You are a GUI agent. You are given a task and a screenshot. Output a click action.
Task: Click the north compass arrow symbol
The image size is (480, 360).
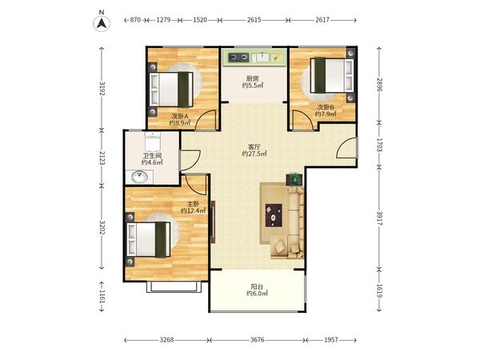tap(102, 22)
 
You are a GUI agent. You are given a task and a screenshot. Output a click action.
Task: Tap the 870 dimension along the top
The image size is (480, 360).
tap(135, 20)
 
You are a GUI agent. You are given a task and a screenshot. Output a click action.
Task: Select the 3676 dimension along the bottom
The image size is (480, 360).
tap(257, 340)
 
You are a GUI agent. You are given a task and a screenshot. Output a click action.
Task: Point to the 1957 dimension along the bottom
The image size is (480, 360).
tap(331, 340)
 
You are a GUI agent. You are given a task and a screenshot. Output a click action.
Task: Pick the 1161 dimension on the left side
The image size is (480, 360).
tap(102, 297)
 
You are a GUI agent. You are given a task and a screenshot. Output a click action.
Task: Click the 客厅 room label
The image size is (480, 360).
tap(254, 147)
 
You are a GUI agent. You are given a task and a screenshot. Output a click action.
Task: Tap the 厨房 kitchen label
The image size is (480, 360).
tap(253, 78)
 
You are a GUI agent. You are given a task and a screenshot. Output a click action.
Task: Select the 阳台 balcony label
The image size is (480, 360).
tap(257, 287)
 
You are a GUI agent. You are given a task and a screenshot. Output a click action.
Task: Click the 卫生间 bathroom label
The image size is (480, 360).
tap(152, 156)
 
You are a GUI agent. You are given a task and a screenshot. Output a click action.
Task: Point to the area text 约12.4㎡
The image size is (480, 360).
tap(193, 210)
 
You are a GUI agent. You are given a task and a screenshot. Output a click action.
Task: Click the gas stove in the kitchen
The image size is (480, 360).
tap(238, 57)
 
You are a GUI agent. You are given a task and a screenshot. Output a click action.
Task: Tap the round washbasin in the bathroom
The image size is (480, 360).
tap(139, 177)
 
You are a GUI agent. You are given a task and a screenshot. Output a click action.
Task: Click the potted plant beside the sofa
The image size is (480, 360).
tap(294, 179)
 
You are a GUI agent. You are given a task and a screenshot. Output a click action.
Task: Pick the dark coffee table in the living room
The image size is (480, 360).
tap(274, 215)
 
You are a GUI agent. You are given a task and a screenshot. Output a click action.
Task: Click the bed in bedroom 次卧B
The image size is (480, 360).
tap(332, 75)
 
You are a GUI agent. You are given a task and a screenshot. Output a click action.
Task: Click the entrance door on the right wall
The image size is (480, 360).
tap(347, 147)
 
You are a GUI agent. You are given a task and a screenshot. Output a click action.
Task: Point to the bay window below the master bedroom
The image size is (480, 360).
tap(174, 287)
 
